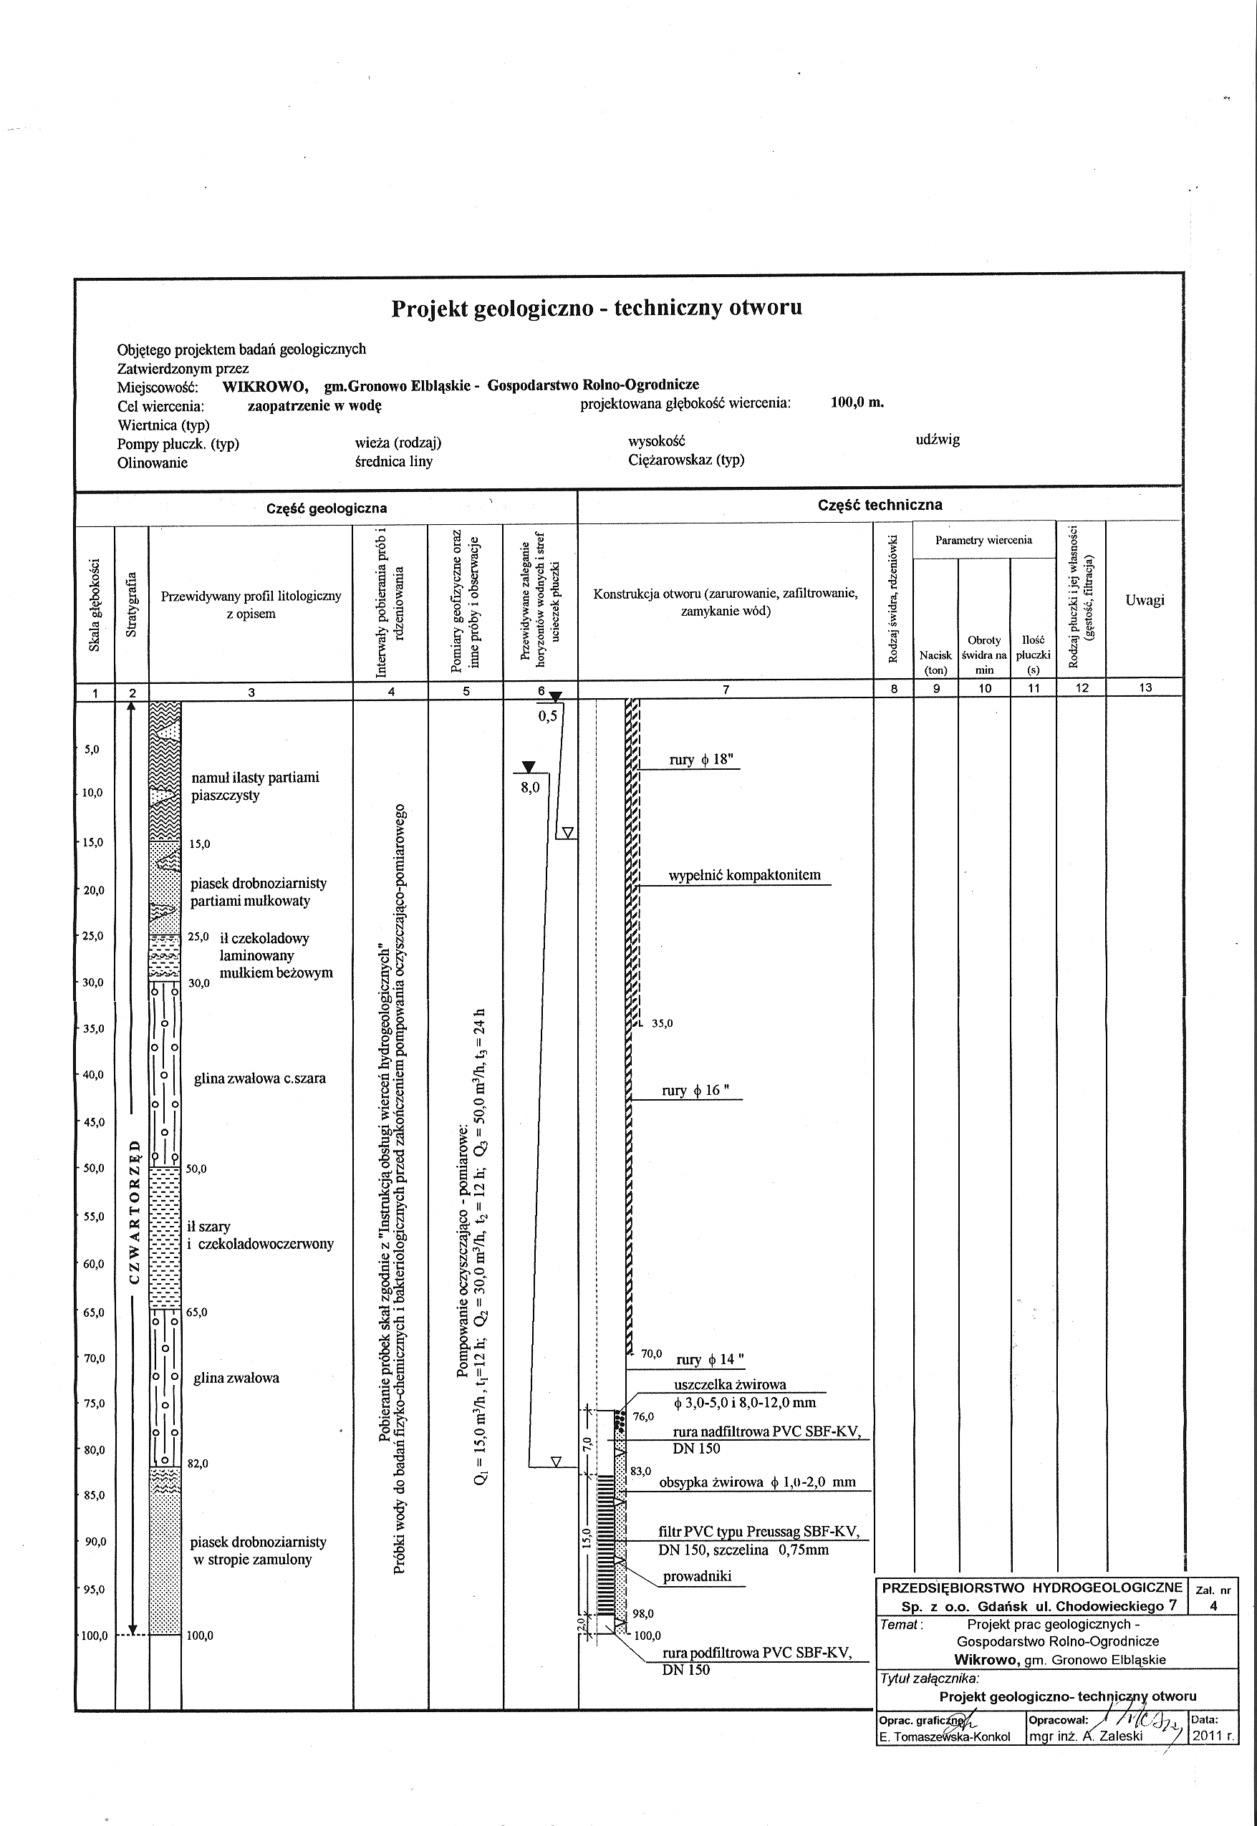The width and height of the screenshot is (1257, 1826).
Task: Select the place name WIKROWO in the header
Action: (x=264, y=386)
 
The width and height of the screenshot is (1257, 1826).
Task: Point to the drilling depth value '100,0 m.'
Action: (x=857, y=402)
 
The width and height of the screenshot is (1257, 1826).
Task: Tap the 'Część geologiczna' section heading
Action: (x=326, y=508)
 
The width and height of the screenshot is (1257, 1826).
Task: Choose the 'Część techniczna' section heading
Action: (x=880, y=506)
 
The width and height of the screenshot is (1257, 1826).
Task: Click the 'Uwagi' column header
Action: (x=1145, y=600)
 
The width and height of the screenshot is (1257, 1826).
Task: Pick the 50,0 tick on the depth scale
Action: (x=94, y=1168)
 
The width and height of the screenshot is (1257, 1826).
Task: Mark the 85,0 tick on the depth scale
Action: (x=94, y=1495)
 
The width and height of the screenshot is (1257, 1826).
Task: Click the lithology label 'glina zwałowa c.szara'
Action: (x=260, y=1078)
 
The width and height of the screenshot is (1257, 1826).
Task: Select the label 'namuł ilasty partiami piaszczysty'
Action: (x=255, y=786)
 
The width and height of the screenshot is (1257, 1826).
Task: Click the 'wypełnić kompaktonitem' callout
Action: (x=744, y=876)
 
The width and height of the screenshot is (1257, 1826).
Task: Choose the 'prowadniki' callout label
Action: (x=697, y=1575)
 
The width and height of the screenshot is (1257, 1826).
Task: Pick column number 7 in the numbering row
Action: (x=726, y=689)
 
